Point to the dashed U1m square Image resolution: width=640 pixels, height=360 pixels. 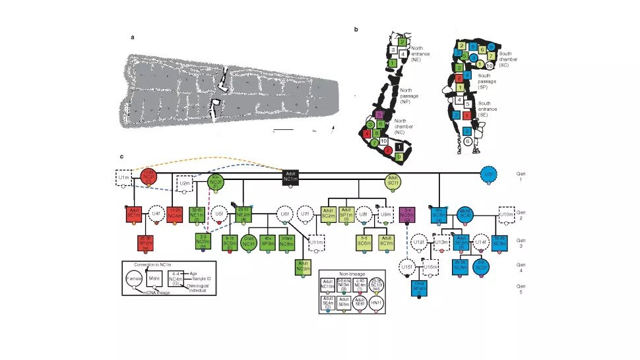tap(123, 178)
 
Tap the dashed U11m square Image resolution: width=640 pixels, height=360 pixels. tap(317, 245)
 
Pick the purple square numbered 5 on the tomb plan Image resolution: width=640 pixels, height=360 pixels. tap(379, 114)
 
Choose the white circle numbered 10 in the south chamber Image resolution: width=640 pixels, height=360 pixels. tap(489, 65)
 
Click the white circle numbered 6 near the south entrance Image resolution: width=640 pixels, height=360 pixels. tap(467, 140)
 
